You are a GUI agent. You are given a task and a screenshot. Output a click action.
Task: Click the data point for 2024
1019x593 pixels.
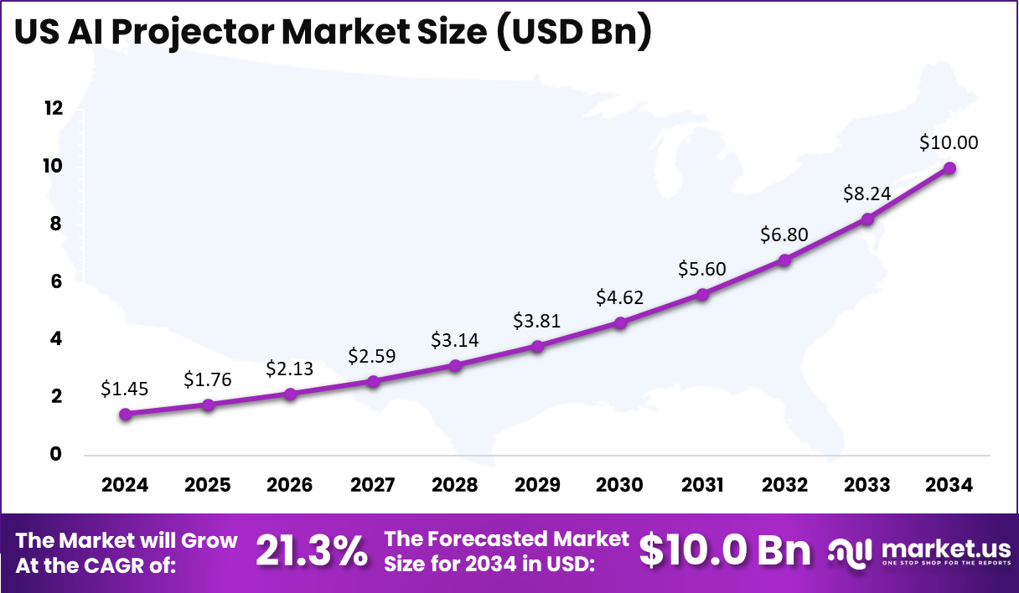click(x=126, y=414)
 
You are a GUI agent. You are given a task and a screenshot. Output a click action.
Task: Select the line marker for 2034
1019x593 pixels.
click(x=949, y=168)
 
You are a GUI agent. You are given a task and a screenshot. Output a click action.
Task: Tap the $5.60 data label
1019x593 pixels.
click(x=702, y=269)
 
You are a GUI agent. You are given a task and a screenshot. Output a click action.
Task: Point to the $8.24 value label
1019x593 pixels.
click(x=866, y=193)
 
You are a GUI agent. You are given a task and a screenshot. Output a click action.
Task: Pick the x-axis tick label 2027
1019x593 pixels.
click(x=373, y=486)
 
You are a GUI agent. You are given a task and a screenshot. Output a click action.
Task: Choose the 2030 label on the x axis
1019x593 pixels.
click(x=620, y=486)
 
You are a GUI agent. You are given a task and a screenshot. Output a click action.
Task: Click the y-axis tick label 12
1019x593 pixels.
click(x=54, y=108)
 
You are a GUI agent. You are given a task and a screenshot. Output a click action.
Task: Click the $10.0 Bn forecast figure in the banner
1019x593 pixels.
click(x=725, y=550)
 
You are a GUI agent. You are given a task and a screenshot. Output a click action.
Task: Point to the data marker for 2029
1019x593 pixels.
click(x=538, y=346)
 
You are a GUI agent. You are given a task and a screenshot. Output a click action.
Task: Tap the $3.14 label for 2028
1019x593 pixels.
click(x=455, y=340)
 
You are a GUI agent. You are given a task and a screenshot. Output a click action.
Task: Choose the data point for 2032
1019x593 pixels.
click(x=784, y=260)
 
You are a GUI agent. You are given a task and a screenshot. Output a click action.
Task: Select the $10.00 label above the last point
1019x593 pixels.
click(x=949, y=142)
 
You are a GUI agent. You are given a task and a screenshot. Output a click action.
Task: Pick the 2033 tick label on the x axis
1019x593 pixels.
click(x=867, y=486)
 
